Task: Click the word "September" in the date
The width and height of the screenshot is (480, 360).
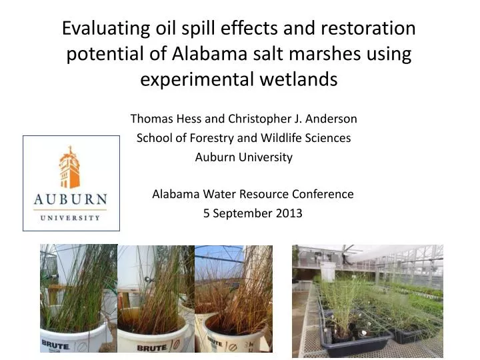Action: pyautogui.click(x=241, y=214)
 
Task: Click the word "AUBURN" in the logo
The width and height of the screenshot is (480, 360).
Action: pyautogui.click(x=70, y=199)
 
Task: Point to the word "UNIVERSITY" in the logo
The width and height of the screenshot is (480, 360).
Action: pyautogui.click(x=70, y=217)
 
